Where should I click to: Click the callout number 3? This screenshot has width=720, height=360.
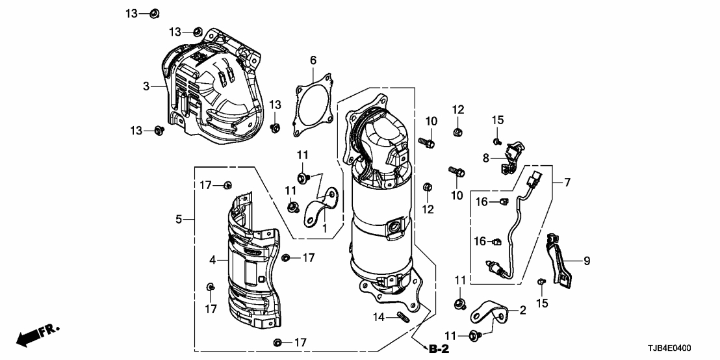(146, 86)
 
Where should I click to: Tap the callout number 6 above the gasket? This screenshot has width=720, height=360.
(313, 60)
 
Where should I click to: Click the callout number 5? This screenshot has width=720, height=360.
(179, 220)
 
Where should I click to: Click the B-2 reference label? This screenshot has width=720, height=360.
(440, 349)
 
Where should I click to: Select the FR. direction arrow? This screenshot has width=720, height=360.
(36, 335)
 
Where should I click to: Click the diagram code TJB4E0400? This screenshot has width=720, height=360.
(685, 348)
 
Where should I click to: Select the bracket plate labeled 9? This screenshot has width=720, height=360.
(559, 260)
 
